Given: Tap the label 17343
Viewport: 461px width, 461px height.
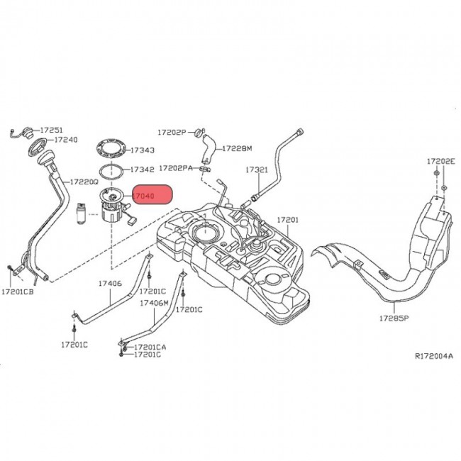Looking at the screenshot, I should coord(143,150).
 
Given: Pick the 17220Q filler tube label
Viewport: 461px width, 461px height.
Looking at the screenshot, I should coord(84,181).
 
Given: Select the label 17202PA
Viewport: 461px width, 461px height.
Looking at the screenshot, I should coord(177,168).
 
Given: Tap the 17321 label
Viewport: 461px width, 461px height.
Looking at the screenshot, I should coord(257,170).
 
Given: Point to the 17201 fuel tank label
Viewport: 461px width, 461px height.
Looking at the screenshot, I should coord(288,221).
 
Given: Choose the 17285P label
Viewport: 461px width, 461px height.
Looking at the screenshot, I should coord(394,318).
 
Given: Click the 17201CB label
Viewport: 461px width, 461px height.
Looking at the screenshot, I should coord(18,291).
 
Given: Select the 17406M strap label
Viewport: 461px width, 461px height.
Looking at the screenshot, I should coord(154,303).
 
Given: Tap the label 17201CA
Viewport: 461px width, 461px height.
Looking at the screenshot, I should coord(150,346).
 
